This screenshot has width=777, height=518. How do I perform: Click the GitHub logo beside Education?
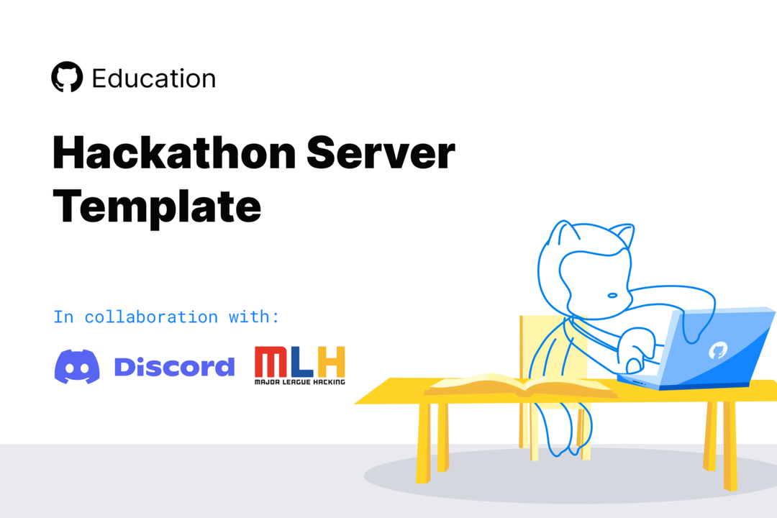67,78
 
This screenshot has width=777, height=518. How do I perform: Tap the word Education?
154,78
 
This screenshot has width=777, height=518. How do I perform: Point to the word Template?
157,206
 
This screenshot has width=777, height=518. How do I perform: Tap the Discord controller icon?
78,367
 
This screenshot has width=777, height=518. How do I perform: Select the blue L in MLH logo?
303,363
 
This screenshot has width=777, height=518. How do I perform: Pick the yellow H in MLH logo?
332,363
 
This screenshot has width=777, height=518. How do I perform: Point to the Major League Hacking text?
299,381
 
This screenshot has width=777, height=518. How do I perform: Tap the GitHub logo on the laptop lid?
717,350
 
